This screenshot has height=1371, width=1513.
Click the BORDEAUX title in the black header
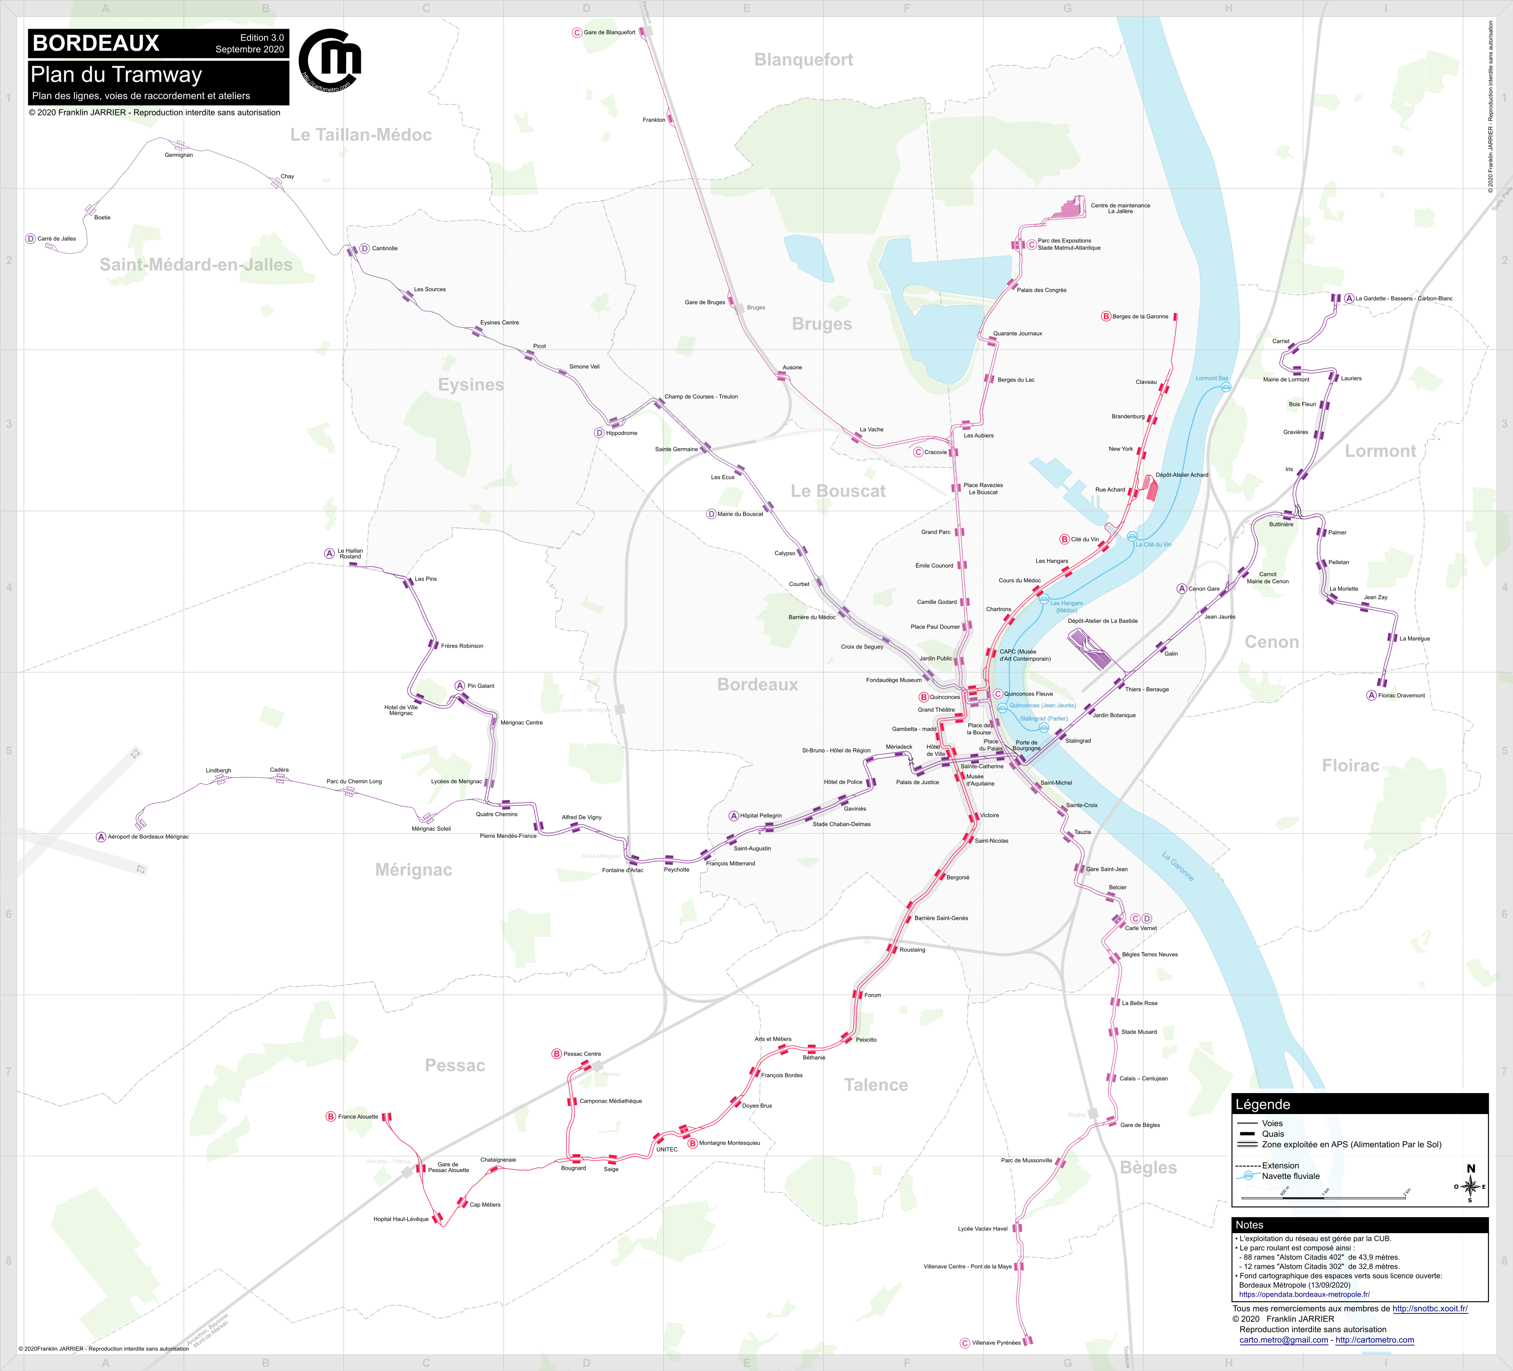pos(96,43)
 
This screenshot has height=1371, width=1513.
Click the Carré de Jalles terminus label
pos(56,239)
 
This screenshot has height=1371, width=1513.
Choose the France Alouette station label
pos(358,1116)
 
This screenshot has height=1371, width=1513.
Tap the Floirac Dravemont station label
pos(1401,695)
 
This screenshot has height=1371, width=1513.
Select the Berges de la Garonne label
pos(1140,316)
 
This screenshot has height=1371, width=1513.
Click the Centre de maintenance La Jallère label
pos(1120,208)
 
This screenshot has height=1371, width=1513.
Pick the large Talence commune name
pos(876,1084)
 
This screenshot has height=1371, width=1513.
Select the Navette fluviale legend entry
pos(1290,1176)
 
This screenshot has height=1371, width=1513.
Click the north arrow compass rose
pos(1470,1186)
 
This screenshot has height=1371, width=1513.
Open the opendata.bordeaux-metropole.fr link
pos(1305,1294)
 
